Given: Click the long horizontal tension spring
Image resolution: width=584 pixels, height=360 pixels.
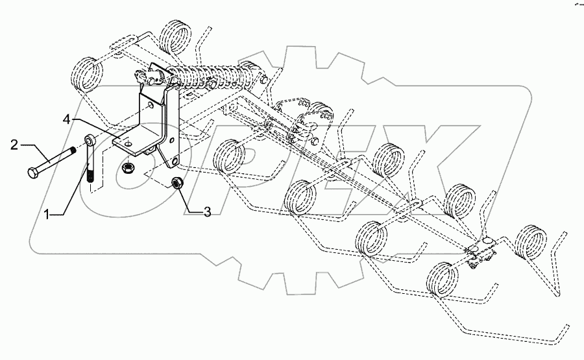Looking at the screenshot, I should [214, 73].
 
